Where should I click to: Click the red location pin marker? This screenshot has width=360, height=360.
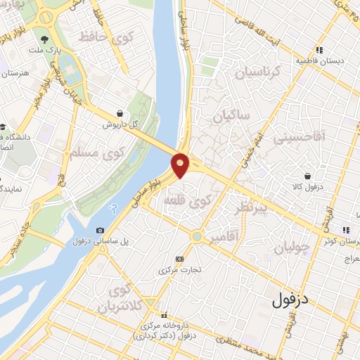181,165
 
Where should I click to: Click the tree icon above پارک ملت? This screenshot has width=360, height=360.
45,39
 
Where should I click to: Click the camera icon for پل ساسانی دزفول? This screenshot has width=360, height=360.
100,230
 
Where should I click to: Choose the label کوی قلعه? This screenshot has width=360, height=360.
188,201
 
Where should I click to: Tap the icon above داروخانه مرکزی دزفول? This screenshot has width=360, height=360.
163,315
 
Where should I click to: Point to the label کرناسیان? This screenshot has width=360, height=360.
256,72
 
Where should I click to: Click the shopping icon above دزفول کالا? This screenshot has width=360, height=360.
307,176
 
